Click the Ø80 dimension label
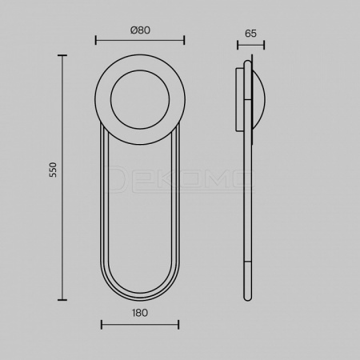[140, 30]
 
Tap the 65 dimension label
[250, 34]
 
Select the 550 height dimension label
[54, 170]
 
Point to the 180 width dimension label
[140, 313]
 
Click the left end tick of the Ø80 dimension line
[96, 41]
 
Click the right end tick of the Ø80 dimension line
[184, 41]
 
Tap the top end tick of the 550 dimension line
[62, 55]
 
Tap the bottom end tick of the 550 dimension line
[62, 300]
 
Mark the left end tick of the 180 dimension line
[102, 325]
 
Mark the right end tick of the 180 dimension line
[178, 325]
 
